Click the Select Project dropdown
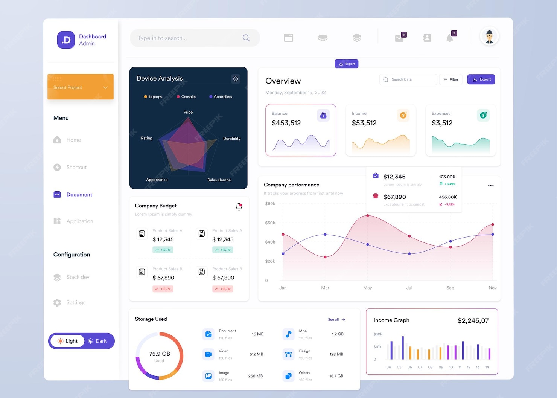point(80,87)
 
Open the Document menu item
point(79,195)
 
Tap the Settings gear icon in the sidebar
point(57,303)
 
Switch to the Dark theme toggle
point(97,341)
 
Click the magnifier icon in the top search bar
point(246,38)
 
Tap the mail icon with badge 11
point(399,38)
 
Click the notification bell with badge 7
point(450,38)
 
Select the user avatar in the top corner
point(489,37)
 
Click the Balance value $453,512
point(286,123)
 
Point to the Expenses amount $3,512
point(442,123)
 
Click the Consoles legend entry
point(187,97)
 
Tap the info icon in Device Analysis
point(236,79)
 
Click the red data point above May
point(368,216)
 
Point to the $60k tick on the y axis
point(270,204)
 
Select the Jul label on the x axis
point(409,288)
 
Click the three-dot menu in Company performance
point(491,185)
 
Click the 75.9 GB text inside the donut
point(160,354)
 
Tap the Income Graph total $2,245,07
point(473,321)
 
